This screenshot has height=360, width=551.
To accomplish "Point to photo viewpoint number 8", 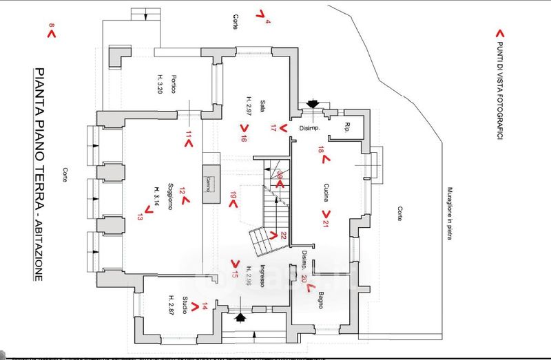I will (x=51, y=30).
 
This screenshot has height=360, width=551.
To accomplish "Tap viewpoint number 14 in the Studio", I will (x=205, y=306).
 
